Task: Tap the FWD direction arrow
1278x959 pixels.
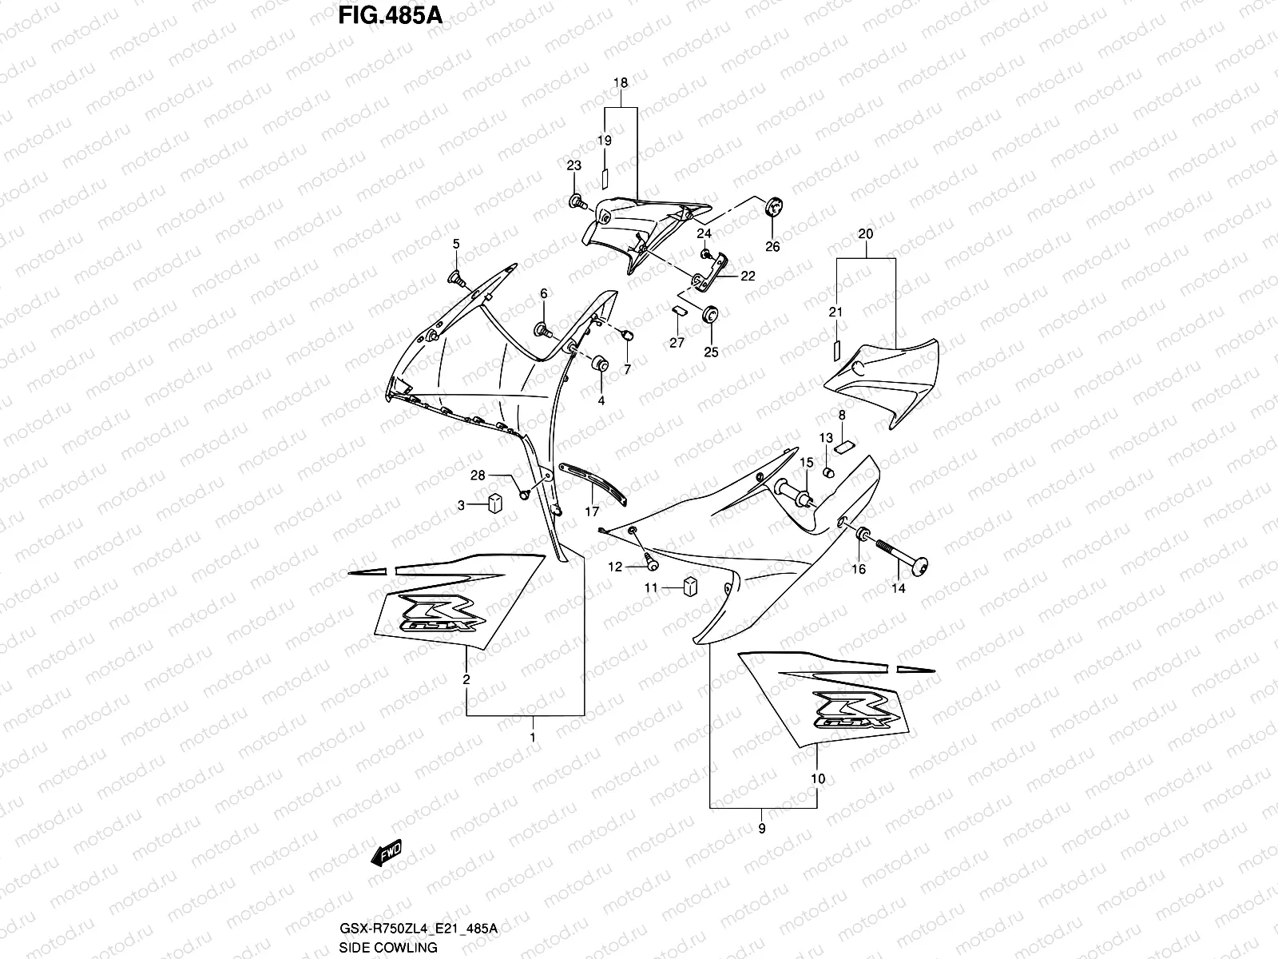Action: tap(385, 854)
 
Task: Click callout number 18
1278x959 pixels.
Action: tap(621, 82)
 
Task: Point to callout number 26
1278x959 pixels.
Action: tap(772, 247)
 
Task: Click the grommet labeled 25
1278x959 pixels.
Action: tap(709, 314)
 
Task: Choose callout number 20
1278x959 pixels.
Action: tap(866, 234)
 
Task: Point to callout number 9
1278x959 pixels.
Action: tap(762, 829)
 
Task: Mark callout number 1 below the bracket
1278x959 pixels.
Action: tap(533, 738)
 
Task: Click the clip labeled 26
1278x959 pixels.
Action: tap(772, 209)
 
